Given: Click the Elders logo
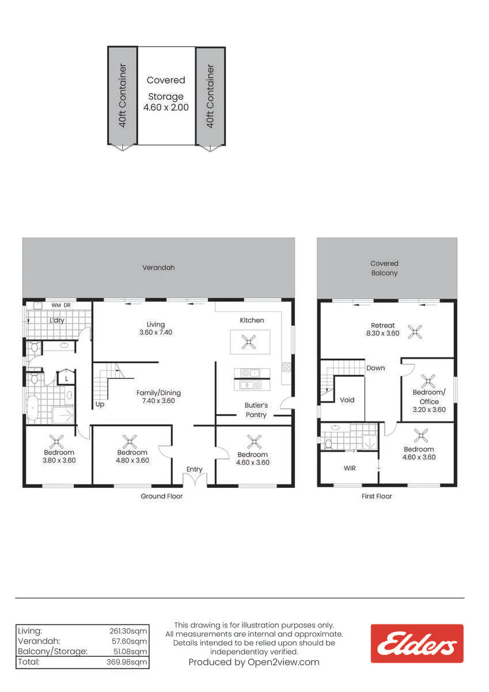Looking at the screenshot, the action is (x=417, y=644).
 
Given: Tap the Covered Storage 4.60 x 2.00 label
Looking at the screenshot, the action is (x=166, y=93).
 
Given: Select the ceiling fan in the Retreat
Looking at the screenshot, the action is (x=415, y=332).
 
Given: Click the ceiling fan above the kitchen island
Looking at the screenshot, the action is (x=249, y=342).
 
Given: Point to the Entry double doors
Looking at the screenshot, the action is (x=195, y=479).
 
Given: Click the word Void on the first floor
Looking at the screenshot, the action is (x=347, y=400).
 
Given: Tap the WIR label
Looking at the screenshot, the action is (x=350, y=468).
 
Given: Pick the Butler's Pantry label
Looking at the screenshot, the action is (x=256, y=410).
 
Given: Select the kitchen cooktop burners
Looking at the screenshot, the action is (x=286, y=367).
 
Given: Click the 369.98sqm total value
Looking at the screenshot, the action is (x=127, y=662).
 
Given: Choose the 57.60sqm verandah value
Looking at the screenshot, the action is (x=129, y=641).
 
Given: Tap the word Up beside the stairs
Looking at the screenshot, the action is (x=100, y=404).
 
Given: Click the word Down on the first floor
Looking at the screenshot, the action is (x=376, y=368).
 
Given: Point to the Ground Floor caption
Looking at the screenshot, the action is (x=162, y=496).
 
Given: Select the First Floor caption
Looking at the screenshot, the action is (x=377, y=496).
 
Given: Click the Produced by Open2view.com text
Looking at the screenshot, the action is (x=254, y=662).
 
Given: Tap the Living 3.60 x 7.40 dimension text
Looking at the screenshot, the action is (x=156, y=332).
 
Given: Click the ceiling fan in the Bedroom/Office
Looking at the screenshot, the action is (x=428, y=381).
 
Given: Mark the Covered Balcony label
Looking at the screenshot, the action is (x=384, y=268).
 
